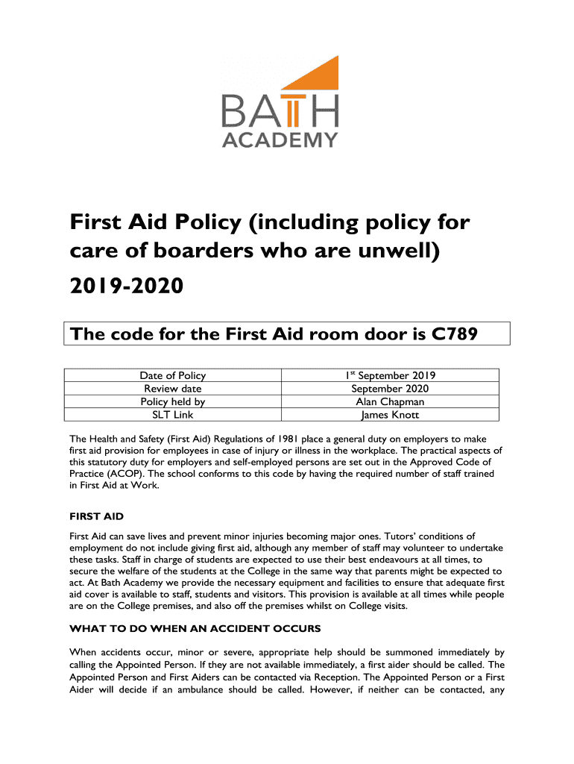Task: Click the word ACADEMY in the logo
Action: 280,139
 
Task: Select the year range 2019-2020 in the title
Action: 126,286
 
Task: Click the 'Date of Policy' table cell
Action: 173,376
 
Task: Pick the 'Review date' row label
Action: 173,388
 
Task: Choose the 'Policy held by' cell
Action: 173,401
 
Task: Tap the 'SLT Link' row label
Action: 173,414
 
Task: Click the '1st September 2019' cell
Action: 389,376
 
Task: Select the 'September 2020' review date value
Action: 390,388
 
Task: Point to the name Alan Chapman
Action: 390,401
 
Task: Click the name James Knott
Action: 390,414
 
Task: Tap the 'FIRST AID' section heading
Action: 95,516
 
